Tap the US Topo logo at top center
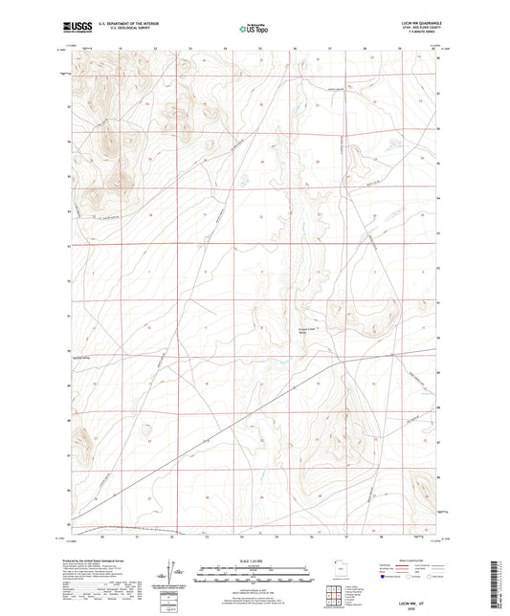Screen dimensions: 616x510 tap(254, 28)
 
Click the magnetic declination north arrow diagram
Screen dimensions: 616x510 tap(175, 577)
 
